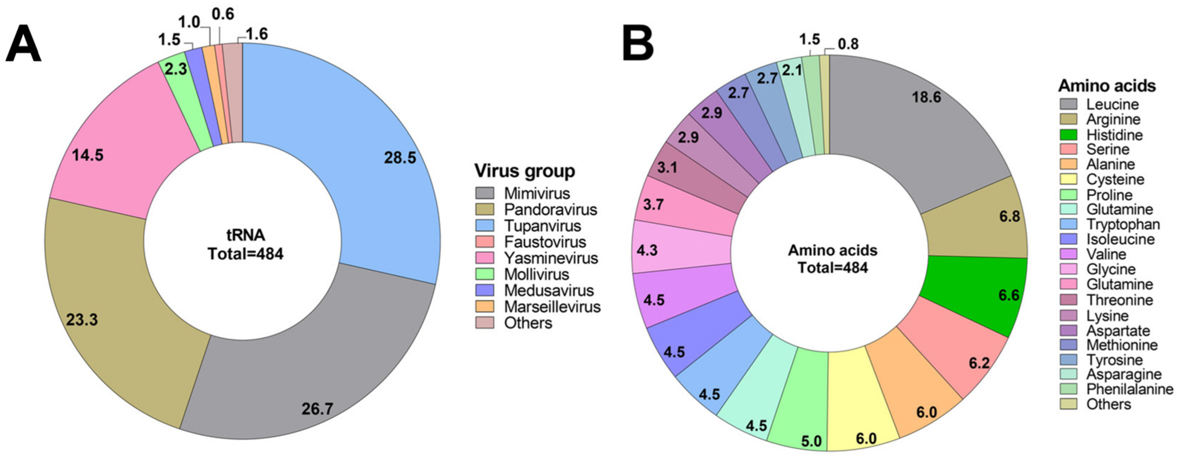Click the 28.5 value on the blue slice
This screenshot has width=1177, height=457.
(x=400, y=158)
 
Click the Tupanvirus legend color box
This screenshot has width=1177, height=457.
(x=484, y=226)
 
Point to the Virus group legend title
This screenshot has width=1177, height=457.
(x=525, y=171)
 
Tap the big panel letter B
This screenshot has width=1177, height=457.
(x=639, y=44)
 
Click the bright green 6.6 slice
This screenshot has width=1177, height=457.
(x=978, y=292)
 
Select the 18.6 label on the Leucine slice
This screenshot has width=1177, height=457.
(x=926, y=97)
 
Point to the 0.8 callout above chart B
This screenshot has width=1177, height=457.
(x=848, y=44)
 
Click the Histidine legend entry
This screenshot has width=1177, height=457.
(x=1114, y=135)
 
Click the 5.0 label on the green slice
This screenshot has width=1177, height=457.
(x=811, y=442)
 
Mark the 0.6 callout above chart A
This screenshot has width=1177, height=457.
(x=223, y=15)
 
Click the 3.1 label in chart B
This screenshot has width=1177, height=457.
(x=667, y=168)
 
